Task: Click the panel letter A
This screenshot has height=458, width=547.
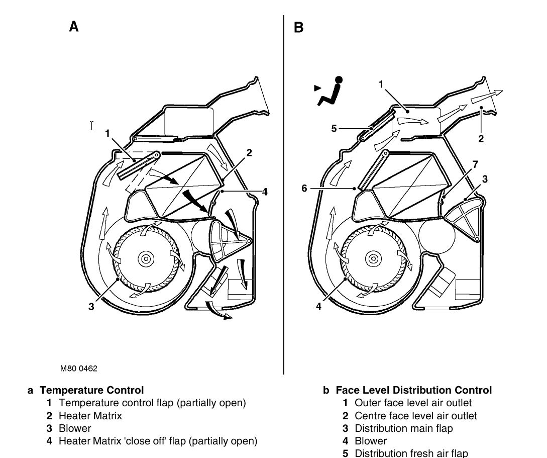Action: pyautogui.click(x=74, y=27)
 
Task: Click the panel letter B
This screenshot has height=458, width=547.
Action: pyautogui.click(x=298, y=28)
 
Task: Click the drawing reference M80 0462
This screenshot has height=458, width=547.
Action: pyautogui.click(x=79, y=369)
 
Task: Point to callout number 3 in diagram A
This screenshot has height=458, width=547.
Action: pyautogui.click(x=91, y=306)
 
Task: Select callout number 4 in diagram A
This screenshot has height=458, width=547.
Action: pyautogui.click(x=264, y=191)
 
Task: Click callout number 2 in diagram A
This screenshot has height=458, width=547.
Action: pyautogui.click(x=249, y=153)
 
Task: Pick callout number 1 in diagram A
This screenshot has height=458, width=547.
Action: pyautogui.click(x=107, y=133)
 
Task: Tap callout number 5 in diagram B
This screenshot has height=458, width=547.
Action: pyautogui.click(x=334, y=128)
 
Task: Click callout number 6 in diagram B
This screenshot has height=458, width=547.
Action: pyautogui.click(x=304, y=188)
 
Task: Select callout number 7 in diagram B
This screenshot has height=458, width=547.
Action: pyautogui.click(x=475, y=164)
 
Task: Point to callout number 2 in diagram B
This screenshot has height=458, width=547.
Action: pyautogui.click(x=481, y=139)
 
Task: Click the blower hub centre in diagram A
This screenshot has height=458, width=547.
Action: pyautogui.click(x=146, y=259)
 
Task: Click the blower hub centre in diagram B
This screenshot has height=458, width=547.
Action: pyautogui.click(x=373, y=259)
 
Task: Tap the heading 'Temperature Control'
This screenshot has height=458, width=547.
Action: pyautogui.click(x=91, y=390)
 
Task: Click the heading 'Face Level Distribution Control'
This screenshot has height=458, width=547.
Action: pyautogui.click(x=413, y=390)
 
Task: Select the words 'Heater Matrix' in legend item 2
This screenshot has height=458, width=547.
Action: pyautogui.click(x=90, y=416)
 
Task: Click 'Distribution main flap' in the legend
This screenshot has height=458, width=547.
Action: pyautogui.click(x=403, y=428)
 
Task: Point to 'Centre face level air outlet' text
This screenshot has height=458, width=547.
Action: pyautogui.click(x=415, y=416)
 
